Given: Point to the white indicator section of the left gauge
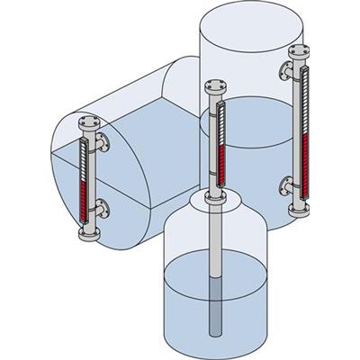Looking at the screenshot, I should point(86,162).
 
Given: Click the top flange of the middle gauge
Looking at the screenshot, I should point(212,88).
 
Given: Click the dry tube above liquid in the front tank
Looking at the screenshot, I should point(213,234).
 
